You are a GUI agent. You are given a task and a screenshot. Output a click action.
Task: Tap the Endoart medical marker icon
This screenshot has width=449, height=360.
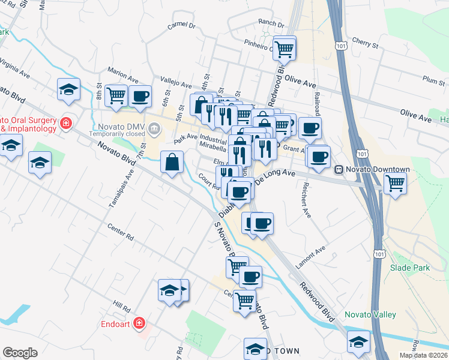(x=139, y=323)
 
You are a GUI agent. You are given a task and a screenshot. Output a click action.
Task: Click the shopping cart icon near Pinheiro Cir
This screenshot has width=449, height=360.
(x=285, y=48)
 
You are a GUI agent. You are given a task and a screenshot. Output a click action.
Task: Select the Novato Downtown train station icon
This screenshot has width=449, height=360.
(x=339, y=170)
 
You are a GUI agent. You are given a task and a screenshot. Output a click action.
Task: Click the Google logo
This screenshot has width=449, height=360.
(x=20, y=353)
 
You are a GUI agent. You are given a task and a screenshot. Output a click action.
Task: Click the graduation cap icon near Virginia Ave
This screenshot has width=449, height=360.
(x=68, y=89)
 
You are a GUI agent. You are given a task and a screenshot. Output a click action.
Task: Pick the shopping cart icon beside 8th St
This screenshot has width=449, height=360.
(x=116, y=95)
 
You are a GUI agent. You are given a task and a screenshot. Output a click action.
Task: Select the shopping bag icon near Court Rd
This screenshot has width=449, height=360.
(x=172, y=162)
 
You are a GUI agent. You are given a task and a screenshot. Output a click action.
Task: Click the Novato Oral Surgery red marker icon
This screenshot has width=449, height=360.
(x=65, y=124)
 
